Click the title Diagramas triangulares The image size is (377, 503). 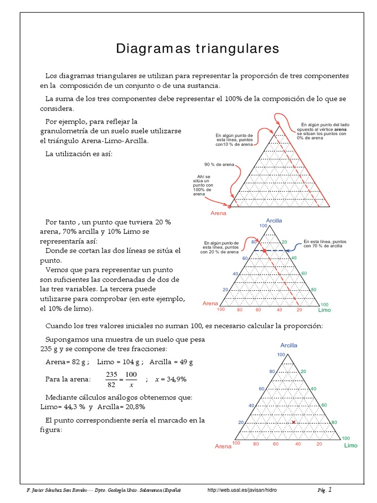(x=197, y=49)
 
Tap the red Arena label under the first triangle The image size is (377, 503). (x=218, y=213)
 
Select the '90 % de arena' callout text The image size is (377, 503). (x=219, y=164)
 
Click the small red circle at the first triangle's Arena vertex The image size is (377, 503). (x=229, y=207)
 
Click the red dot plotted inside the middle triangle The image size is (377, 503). (x=264, y=251)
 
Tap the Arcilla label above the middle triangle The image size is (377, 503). (x=274, y=221)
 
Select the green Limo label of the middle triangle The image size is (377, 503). (x=324, y=310)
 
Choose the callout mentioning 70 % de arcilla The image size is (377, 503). (x=323, y=244)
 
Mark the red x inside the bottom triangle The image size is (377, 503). (x=294, y=422)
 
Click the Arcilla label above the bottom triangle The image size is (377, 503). (x=289, y=345)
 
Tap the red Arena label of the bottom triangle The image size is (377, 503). (x=223, y=447)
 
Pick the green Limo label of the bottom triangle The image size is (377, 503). (x=350, y=446)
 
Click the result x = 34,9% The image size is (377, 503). (x=170, y=380)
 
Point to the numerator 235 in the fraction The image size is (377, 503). (x=111, y=375)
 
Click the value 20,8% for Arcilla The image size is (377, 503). (x=135, y=407)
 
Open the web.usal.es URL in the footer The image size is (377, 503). (x=245, y=490)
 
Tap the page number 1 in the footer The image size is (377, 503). (x=330, y=489)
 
